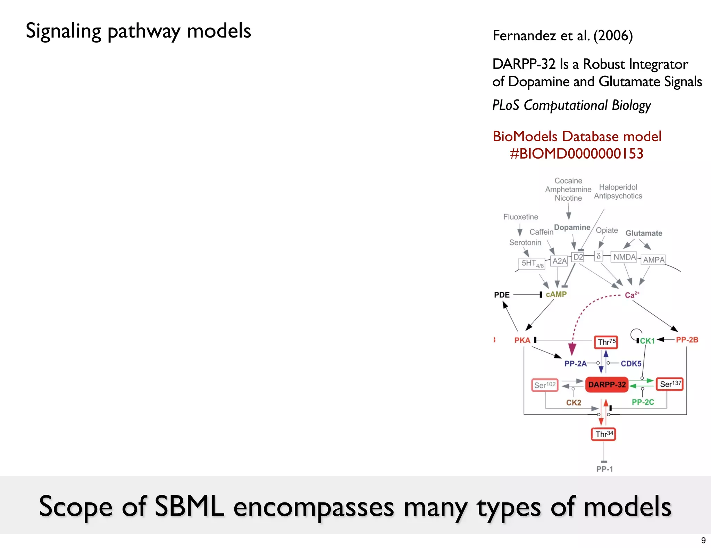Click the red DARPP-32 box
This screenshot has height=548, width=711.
(x=607, y=385)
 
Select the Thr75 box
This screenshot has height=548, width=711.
(x=606, y=342)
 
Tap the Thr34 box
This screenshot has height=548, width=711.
(x=603, y=434)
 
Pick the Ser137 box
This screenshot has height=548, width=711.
(x=670, y=384)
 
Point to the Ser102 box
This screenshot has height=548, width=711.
(x=545, y=385)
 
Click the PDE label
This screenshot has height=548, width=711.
(x=502, y=295)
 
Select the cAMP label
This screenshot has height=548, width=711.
(x=556, y=295)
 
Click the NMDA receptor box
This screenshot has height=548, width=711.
(x=624, y=257)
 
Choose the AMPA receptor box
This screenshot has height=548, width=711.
(x=653, y=260)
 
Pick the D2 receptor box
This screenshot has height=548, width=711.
(x=578, y=257)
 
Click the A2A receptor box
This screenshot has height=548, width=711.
(x=559, y=261)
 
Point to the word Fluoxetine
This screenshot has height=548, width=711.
(x=520, y=217)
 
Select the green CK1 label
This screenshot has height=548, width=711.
(x=647, y=341)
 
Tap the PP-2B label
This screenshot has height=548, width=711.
(x=687, y=340)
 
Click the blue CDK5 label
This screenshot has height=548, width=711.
(x=631, y=364)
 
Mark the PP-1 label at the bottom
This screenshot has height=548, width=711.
(x=604, y=469)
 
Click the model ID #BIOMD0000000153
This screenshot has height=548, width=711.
(x=577, y=154)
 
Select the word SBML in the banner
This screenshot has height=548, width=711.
(x=189, y=507)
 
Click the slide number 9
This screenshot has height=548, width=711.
(x=703, y=540)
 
